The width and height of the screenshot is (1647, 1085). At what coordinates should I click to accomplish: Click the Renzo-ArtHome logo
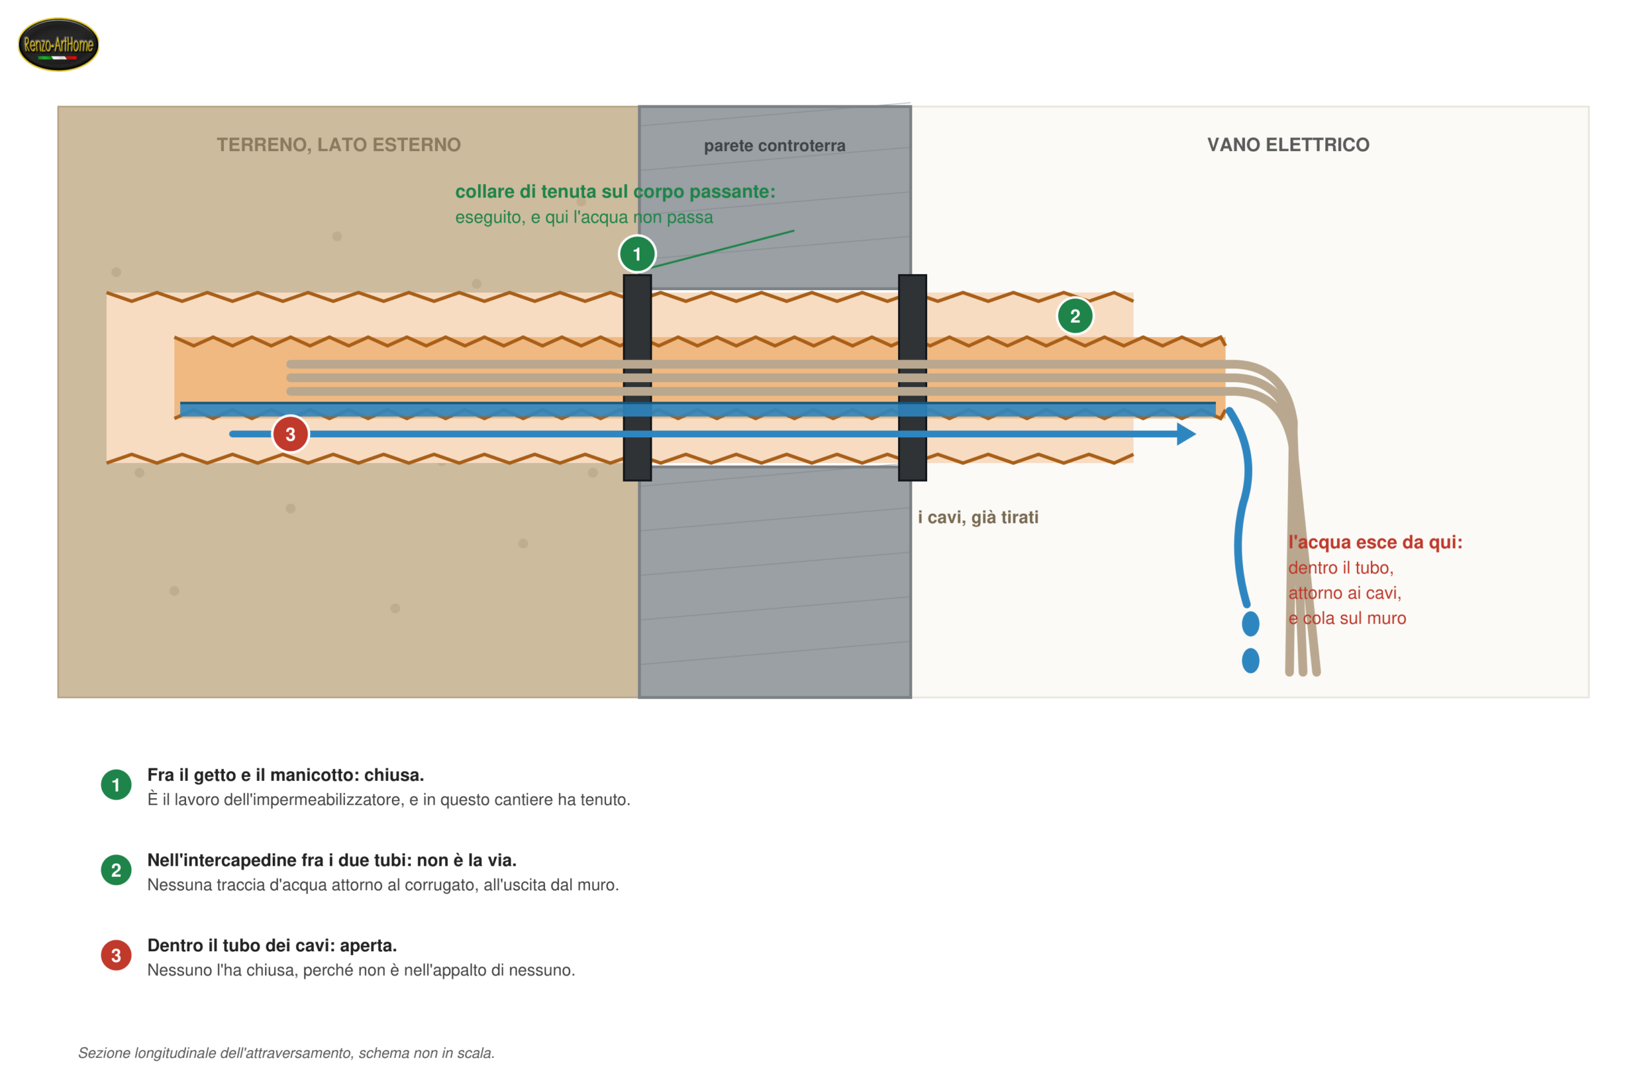58,44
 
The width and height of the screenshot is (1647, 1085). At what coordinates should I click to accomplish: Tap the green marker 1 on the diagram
637,254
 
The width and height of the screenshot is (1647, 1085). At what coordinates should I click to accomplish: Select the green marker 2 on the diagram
1074,316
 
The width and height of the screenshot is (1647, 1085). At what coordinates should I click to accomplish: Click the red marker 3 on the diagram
290,434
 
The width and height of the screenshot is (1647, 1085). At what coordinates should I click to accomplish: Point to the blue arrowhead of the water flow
1186,434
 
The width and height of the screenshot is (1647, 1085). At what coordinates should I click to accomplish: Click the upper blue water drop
1251,623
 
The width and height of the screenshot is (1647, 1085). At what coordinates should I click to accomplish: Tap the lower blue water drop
1251,661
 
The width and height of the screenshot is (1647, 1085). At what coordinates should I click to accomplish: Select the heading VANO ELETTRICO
1288,145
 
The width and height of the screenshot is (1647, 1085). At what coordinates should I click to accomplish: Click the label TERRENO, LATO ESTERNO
338,145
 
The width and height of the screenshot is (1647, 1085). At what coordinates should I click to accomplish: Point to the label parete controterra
775,145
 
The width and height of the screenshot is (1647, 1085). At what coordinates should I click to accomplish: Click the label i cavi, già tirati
978,517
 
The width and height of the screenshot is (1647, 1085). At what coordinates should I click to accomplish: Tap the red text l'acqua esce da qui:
1375,542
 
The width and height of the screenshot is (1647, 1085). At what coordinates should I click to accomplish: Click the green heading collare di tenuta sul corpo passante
614,192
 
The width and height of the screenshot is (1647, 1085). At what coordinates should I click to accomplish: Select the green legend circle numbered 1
116,785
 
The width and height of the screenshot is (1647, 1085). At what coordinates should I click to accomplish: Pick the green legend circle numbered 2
116,870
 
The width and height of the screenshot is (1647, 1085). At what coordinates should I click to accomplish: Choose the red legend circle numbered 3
116,955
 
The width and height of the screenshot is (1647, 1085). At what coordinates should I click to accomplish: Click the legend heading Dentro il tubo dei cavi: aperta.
272,945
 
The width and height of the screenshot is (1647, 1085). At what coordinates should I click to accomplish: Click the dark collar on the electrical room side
912,378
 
